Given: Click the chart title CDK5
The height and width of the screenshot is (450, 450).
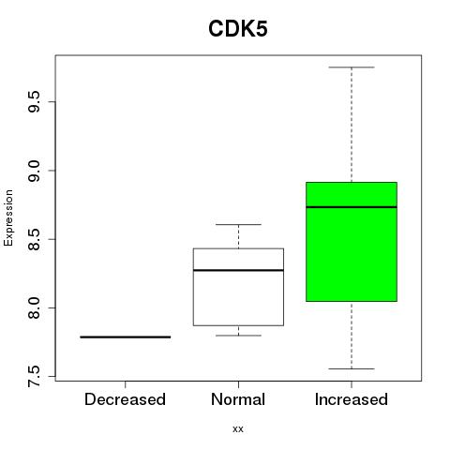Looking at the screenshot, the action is point(238,29).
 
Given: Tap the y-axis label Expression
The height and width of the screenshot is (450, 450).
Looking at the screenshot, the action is point(8,217).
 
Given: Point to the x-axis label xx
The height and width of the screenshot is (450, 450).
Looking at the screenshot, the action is point(238,428).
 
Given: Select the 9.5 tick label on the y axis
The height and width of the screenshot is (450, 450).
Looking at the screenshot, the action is point(34,102).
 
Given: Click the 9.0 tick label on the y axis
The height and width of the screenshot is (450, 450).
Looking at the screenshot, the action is point(34,171).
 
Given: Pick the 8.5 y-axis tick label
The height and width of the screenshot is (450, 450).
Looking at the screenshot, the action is point(34,239).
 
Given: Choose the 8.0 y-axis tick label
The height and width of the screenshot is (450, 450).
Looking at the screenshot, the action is point(34,307).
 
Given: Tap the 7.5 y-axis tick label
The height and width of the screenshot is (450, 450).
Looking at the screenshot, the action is point(34,376).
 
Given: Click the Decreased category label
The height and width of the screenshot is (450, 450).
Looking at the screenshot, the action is point(125,399).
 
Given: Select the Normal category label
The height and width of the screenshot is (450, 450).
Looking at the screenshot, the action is point(238,399).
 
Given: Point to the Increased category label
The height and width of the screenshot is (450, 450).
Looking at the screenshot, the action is point(352,399).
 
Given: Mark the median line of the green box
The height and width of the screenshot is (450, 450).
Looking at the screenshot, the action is point(352,207).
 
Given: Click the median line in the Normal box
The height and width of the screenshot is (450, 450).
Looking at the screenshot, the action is point(238,270).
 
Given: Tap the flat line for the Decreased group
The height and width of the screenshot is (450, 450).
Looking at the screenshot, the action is point(126,337).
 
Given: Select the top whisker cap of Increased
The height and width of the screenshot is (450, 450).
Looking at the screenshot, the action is point(352,67).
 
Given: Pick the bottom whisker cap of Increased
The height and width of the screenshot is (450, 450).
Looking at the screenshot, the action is point(352,368).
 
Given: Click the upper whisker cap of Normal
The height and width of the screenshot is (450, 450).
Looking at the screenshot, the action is point(238,224).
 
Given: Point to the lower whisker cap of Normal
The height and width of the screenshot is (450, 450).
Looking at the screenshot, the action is point(238,336).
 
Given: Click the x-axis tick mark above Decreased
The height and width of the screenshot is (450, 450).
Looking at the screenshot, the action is point(126,384).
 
